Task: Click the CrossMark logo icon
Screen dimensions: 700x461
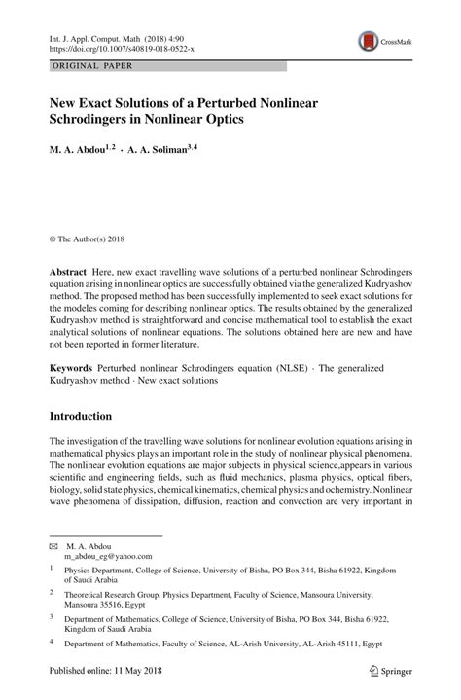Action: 369,41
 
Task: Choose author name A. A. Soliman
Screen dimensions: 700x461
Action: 172,149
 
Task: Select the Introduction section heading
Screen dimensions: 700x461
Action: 81,416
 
